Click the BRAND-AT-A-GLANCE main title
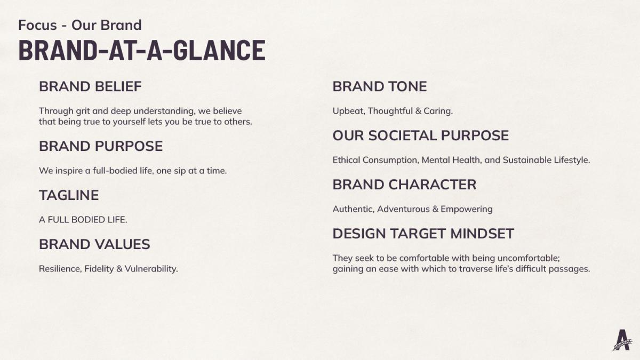[x=142, y=50]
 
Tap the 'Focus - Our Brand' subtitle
[x=80, y=25]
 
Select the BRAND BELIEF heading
[x=90, y=86]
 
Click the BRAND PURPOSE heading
[x=101, y=146]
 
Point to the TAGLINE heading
[x=69, y=195]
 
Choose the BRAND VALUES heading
[x=94, y=244]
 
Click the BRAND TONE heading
[x=380, y=86]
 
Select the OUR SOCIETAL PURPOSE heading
[x=421, y=135]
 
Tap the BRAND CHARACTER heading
[x=405, y=185]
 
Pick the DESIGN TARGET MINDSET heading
[x=423, y=234]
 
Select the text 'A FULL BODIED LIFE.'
[x=83, y=220]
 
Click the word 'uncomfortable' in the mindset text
[x=529, y=258]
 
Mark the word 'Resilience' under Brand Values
[x=60, y=269]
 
